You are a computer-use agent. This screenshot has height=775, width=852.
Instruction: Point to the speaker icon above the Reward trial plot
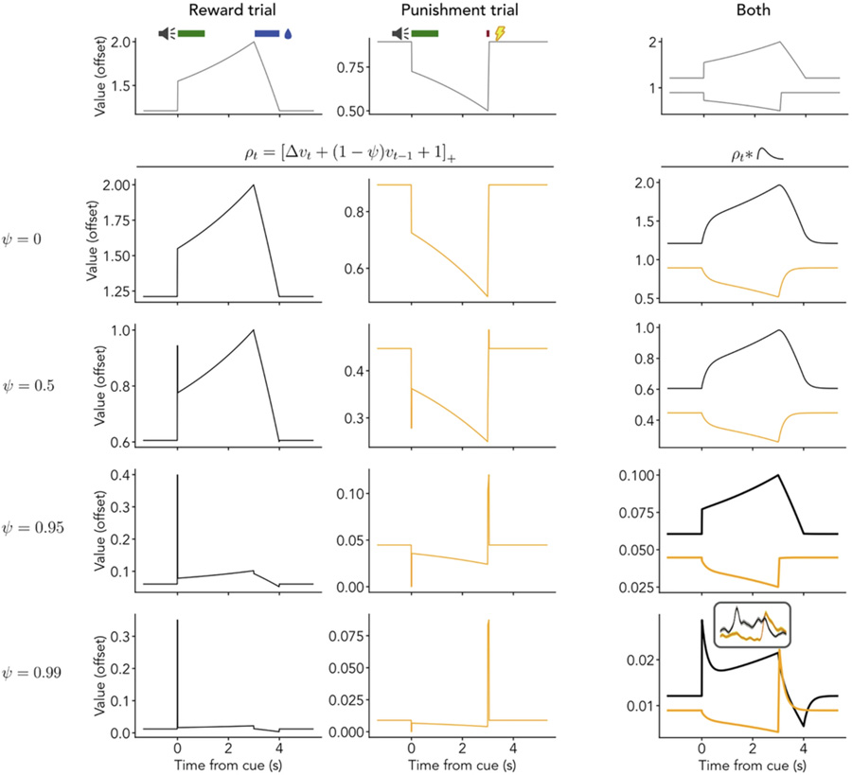[x=167, y=34]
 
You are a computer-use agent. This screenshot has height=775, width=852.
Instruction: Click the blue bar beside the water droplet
[x=267, y=34]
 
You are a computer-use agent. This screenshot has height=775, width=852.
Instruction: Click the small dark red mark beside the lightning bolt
[x=488, y=34]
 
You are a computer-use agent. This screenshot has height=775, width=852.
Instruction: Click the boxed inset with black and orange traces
[x=752, y=625]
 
